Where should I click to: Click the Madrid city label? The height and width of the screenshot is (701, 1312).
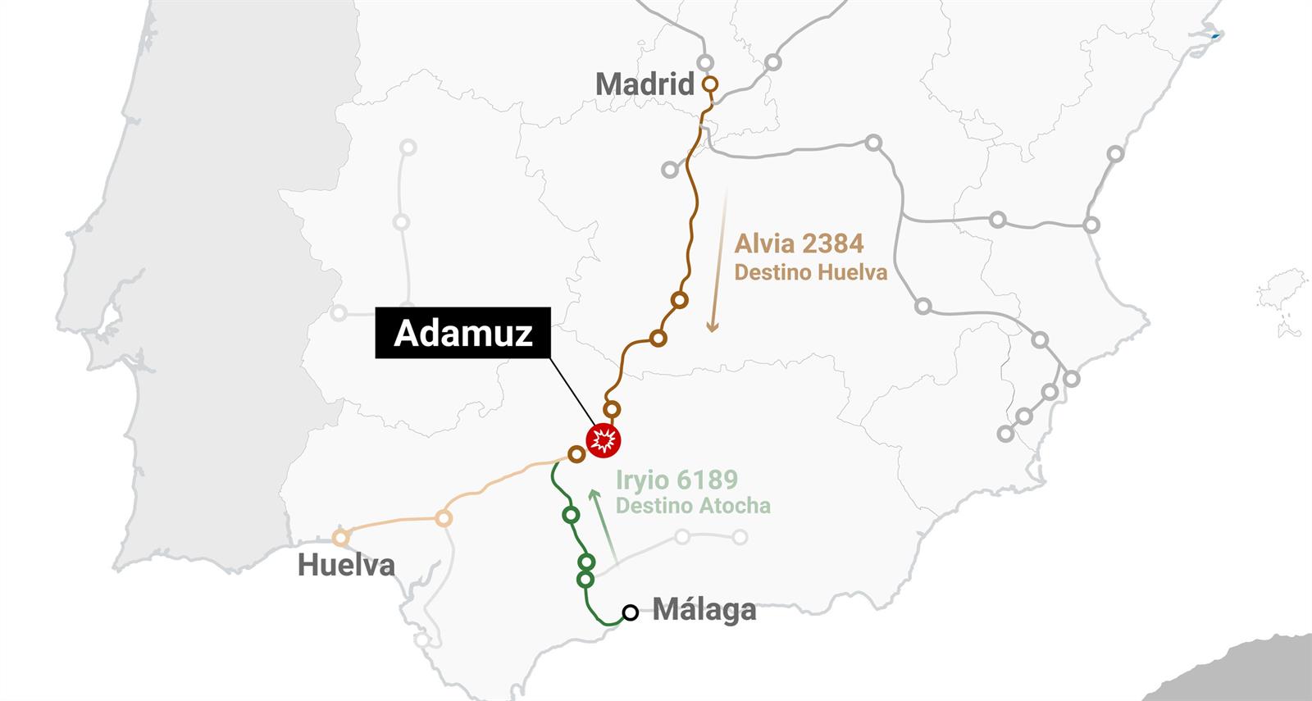tap(645, 84)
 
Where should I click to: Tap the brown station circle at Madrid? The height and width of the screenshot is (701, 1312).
tap(710, 84)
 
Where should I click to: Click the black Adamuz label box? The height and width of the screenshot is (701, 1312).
tap(463, 334)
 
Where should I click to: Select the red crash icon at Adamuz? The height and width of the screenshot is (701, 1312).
tap(604, 440)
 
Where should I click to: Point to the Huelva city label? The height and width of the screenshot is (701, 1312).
tap(346, 565)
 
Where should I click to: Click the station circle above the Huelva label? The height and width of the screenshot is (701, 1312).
tap(340, 538)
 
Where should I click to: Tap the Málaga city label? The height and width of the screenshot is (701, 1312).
tap(704, 610)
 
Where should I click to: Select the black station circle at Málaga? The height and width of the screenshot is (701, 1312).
tap(630, 612)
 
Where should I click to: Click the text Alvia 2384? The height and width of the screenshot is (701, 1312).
tap(799, 244)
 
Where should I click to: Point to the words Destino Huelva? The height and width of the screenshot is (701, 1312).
tap(810, 272)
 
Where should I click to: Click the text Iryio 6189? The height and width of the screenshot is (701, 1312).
tap(676, 480)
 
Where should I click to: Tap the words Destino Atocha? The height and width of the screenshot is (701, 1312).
tap(693, 505)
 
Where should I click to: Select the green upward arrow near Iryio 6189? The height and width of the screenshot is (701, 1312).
tap(603, 526)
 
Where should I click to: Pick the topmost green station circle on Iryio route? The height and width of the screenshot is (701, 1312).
tap(572, 515)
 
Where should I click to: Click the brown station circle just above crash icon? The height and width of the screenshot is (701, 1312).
tap(612, 409)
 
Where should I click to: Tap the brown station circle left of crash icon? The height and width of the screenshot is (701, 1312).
tap(576, 453)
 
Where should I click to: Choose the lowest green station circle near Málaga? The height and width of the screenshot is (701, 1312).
tap(585, 580)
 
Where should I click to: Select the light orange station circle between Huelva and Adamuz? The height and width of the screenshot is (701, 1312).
tap(444, 518)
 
